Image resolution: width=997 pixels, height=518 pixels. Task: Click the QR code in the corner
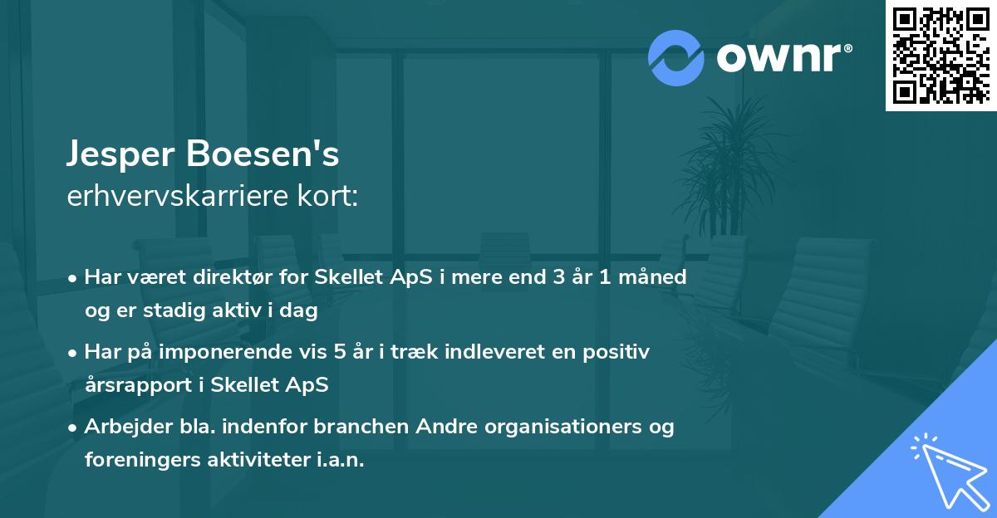[941, 55]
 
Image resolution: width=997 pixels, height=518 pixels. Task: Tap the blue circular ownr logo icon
[676, 58]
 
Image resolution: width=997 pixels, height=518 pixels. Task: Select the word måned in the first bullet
[658, 277]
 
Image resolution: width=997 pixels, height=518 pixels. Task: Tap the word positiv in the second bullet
[617, 352]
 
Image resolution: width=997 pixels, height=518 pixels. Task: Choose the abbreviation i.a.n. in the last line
[341, 461]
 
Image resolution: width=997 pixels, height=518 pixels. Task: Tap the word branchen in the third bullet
[357, 427]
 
